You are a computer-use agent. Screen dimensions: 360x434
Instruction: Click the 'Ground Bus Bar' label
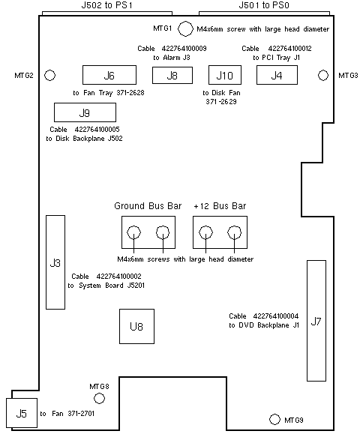point(148,206)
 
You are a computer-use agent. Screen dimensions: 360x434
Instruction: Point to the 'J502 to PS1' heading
point(107,5)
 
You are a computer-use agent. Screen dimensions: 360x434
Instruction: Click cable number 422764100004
point(276,316)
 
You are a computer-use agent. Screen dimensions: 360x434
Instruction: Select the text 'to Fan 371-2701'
point(67,414)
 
